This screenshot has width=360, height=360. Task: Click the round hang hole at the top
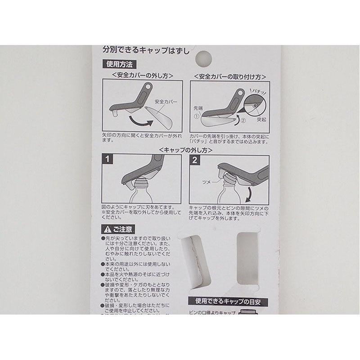coord(204,57)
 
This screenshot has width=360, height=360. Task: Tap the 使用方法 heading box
coord(117,64)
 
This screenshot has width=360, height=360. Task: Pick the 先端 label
coord(198,108)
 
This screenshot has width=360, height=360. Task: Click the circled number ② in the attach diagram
coord(243,120)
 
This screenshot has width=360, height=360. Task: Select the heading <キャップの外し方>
coord(185,150)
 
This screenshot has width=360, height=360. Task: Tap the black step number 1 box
coord(108,160)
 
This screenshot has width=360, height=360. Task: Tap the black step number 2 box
coord(195,160)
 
